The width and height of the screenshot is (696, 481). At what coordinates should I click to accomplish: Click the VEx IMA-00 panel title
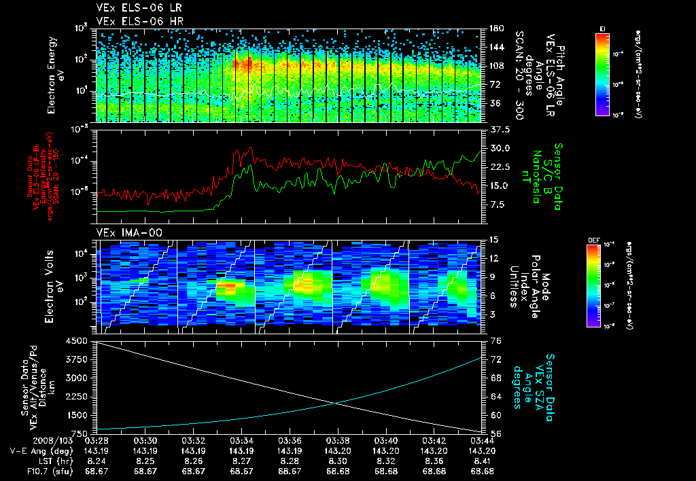tap(126, 233)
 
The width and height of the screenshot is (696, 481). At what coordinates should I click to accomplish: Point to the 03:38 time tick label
tap(338, 441)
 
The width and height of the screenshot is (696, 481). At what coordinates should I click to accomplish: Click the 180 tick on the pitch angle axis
tap(496, 29)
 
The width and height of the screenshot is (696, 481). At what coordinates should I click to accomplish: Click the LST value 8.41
tap(482, 460)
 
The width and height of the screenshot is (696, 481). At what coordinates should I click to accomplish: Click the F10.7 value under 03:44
tap(482, 470)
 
